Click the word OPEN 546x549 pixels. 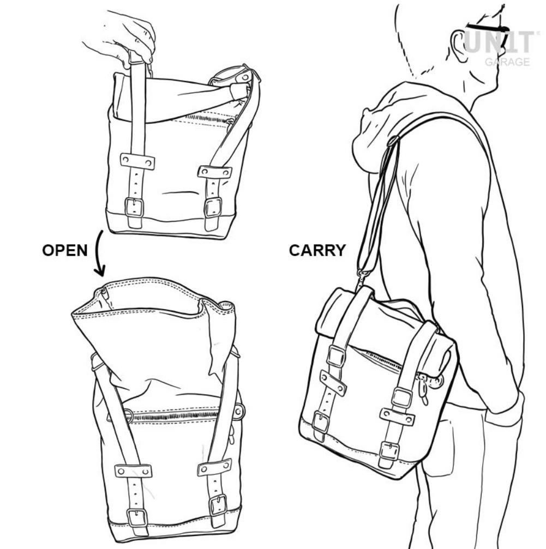[64, 250]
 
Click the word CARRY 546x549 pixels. [317, 250]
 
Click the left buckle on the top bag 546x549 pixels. [134, 207]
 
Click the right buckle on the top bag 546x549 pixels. [213, 208]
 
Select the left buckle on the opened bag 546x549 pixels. [136, 517]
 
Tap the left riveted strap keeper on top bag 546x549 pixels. [137, 161]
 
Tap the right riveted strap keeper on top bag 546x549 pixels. [214, 172]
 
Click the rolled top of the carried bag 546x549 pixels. [382, 322]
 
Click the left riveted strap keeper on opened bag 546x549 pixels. [133, 470]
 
